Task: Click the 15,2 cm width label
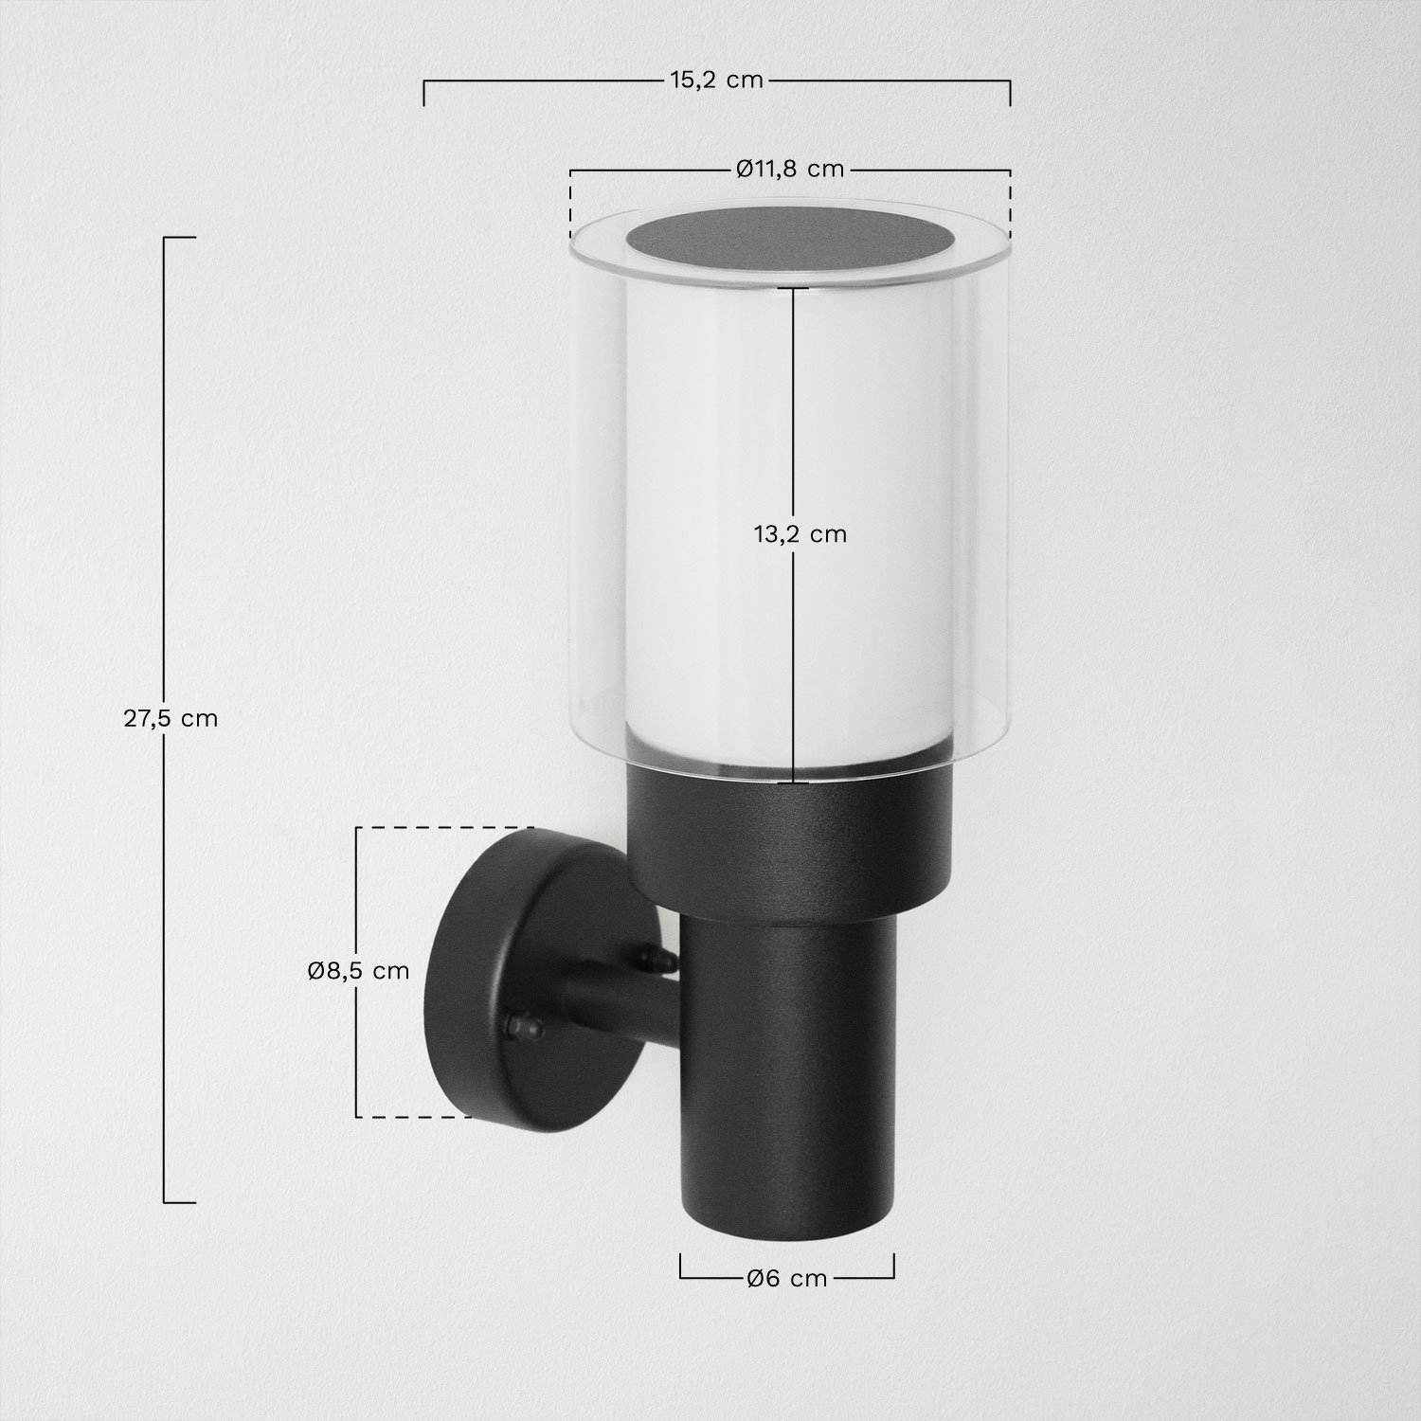tap(716, 81)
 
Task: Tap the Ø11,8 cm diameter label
tap(789, 170)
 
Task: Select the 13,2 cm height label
tap(800, 534)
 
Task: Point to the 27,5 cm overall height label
tap(171, 718)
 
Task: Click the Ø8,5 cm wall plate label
tap(359, 971)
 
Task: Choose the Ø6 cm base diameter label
tap(786, 1279)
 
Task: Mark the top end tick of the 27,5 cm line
tap(179, 237)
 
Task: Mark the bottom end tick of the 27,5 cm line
tap(179, 1203)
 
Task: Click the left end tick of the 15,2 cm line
tap(423, 92)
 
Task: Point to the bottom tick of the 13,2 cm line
tap(794, 782)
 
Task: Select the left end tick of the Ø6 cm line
tap(681, 1267)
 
